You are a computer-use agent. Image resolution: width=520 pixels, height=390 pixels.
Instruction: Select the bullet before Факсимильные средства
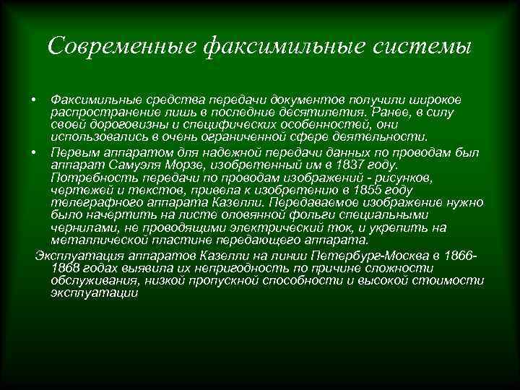[x=35, y=99]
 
